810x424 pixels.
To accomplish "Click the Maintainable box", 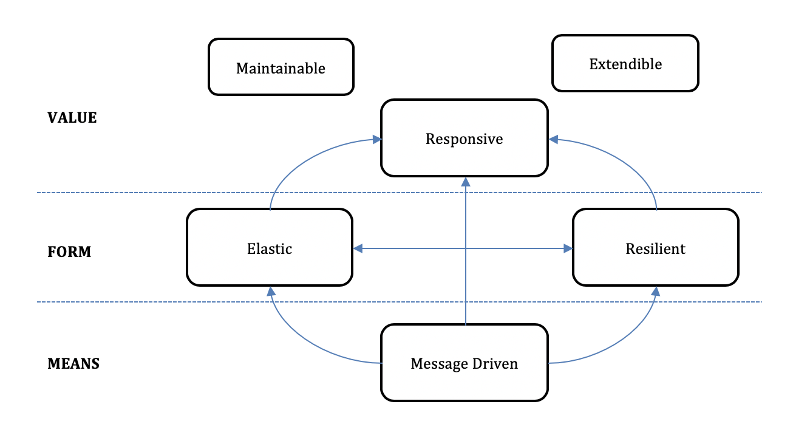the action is (281, 67).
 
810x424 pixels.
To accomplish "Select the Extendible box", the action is (625, 63).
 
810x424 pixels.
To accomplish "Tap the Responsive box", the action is (465, 138).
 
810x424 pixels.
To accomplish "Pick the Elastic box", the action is (270, 247).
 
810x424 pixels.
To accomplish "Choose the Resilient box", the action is (656, 247).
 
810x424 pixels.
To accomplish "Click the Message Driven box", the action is (465, 363).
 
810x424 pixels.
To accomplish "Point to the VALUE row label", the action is (72, 118).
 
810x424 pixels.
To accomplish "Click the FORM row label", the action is (69, 252).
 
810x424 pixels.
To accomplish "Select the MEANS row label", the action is (73, 364).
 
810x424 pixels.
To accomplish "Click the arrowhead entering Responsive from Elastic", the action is (377, 139).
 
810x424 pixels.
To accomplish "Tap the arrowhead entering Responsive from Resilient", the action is (553, 139).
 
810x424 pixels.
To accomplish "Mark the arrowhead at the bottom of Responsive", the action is (466, 182).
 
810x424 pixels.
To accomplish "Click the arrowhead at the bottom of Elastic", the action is (271, 291).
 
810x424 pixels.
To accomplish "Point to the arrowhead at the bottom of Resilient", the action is (656, 291).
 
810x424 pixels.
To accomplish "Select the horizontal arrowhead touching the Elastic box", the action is (358, 248).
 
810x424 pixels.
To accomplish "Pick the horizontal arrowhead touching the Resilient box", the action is (568, 248).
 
